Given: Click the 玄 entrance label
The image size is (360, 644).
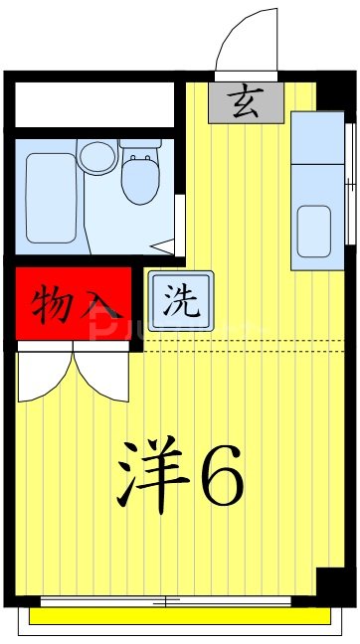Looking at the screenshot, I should tap(245, 101).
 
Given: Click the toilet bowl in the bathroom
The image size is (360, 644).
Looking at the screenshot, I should tap(138, 182).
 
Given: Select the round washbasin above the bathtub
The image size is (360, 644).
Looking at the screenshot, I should tap(97, 156).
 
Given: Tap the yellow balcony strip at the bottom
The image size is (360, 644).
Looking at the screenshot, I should tap(179, 617).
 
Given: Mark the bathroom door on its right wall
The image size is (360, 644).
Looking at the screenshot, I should tap(180, 224).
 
